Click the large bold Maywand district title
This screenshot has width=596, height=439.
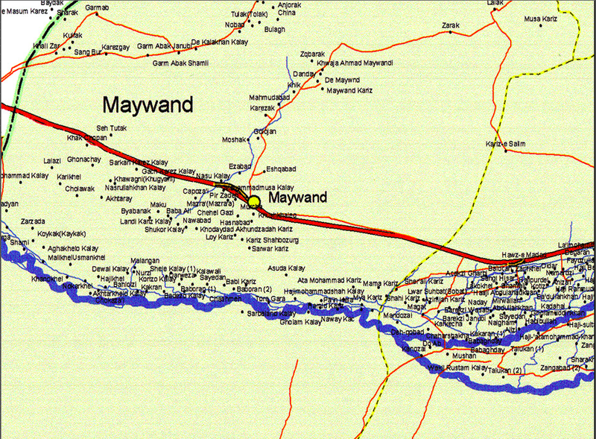pyautogui.click(x=148, y=104)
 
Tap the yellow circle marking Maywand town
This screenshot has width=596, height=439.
pyautogui.click(x=254, y=201)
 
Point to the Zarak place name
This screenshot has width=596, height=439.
pyautogui.click(x=451, y=25)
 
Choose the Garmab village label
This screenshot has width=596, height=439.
pyautogui.click(x=97, y=7)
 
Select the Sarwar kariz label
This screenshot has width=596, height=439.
pyautogui.click(x=270, y=247)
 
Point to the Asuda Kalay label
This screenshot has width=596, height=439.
pyautogui.click(x=287, y=268)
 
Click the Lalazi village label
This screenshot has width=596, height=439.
pyautogui.click(x=51, y=161)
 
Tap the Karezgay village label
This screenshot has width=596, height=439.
pyautogui.click(x=115, y=47)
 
